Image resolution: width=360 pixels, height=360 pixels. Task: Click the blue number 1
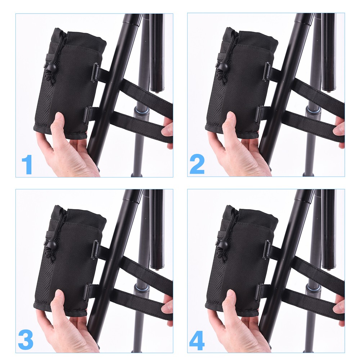(27, 165)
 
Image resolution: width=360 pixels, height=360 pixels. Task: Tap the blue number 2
(197, 164)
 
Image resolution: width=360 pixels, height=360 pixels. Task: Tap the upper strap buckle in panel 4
(266, 250)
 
